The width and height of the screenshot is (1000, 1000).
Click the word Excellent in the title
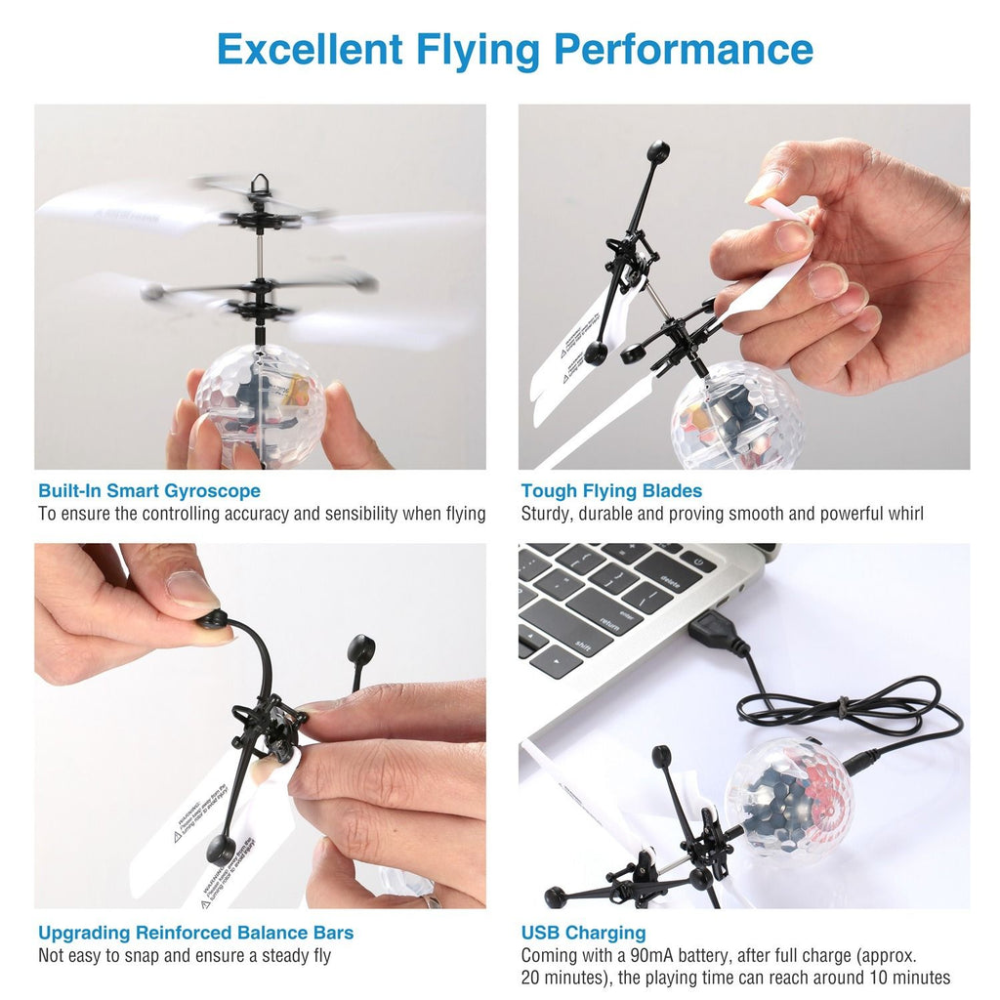(x=309, y=49)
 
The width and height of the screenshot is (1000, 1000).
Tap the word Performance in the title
(x=684, y=49)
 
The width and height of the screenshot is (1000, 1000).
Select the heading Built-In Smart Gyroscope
(x=149, y=491)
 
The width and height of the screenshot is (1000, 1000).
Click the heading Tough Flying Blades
(x=611, y=491)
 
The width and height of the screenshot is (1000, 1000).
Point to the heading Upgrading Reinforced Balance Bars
(x=195, y=933)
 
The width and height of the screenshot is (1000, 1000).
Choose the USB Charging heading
(x=583, y=933)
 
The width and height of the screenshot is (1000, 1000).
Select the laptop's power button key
(x=698, y=561)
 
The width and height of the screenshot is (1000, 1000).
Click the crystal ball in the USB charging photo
(x=788, y=799)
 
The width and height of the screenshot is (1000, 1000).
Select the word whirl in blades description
(x=902, y=514)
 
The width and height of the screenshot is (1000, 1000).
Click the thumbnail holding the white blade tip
(x=768, y=185)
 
